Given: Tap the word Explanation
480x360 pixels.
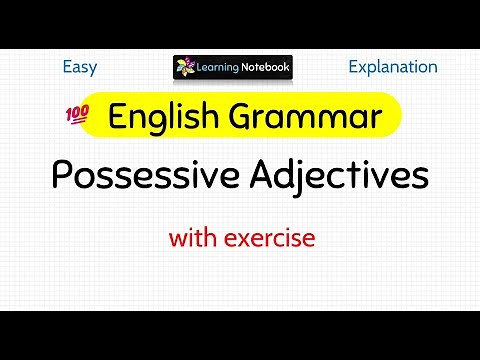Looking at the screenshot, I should [x=393, y=67].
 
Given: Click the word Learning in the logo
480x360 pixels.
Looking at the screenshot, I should [x=221, y=69].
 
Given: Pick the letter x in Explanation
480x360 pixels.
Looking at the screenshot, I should [x=361, y=68].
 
